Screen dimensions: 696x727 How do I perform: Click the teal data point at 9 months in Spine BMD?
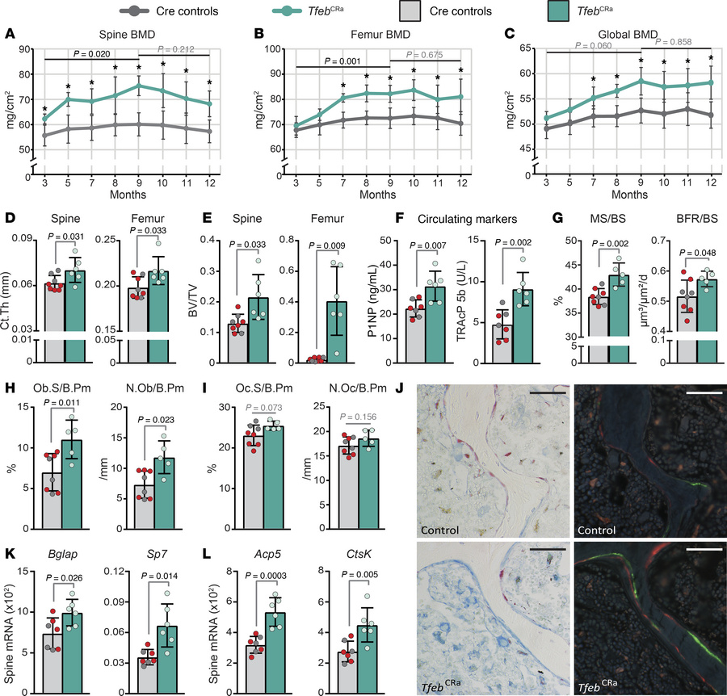pyautogui.click(x=138, y=86)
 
